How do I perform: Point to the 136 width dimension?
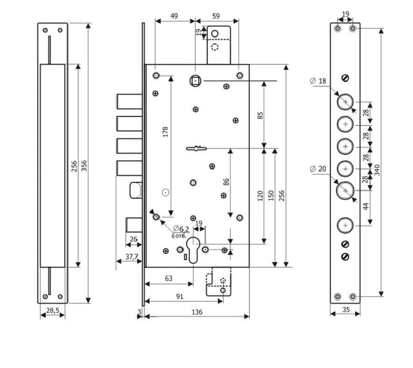tap(197, 312)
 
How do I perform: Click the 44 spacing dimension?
tap(366, 206)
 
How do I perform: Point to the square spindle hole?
tap(194, 81)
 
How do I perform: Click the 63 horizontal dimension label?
tap(168, 278)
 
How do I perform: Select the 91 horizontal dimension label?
tap(179, 296)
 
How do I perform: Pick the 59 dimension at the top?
tap(216, 16)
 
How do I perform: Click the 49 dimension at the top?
tap(174, 16)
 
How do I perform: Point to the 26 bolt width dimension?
tap(133, 239)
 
